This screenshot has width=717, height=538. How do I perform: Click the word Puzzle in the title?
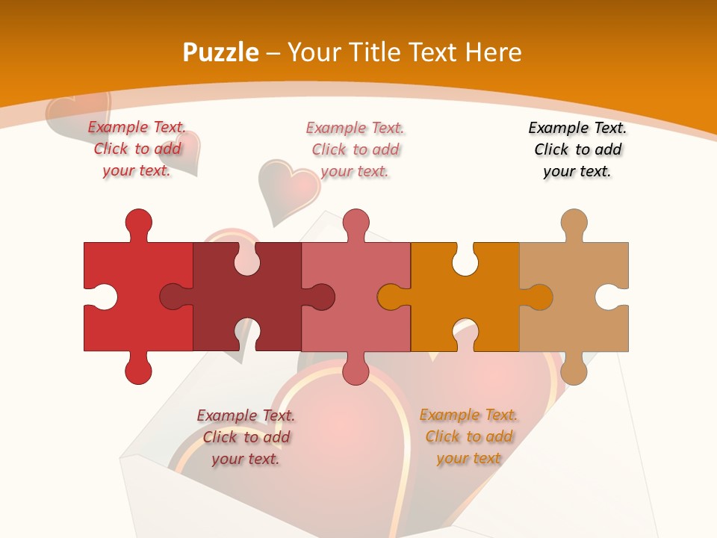221,52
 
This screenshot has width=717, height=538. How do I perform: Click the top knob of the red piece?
138,223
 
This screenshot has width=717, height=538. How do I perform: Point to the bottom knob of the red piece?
138,370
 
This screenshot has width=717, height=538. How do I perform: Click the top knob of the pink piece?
356,223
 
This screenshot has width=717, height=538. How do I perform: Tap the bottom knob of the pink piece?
356,370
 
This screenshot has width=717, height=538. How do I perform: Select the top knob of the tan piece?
574,223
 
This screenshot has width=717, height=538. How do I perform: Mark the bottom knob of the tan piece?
574,370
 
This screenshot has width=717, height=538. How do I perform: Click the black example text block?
577,149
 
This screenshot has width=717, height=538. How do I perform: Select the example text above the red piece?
137,149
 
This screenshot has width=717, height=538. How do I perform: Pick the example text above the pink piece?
355,149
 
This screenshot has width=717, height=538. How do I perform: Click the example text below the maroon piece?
246,437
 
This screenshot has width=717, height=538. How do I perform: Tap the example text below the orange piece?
468,436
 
